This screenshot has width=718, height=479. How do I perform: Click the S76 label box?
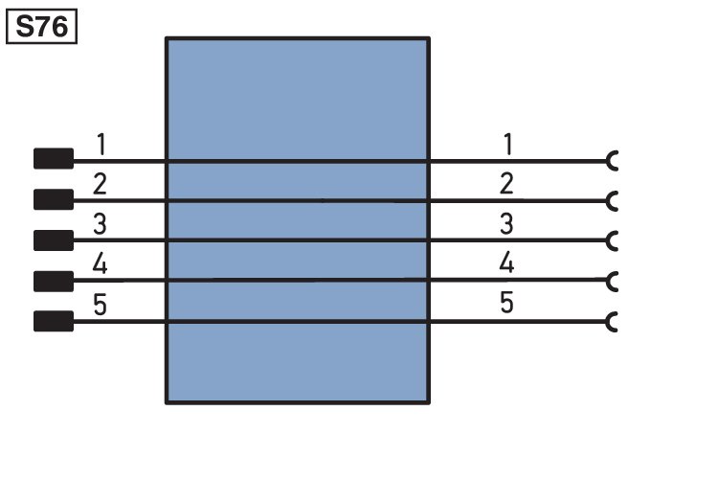point(41,27)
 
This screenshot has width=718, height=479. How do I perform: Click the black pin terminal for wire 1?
point(54,159)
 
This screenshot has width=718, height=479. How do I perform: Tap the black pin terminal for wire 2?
point(54,199)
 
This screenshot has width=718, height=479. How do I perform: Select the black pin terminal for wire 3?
point(54,240)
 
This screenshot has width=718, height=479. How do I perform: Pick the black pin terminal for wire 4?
point(54,281)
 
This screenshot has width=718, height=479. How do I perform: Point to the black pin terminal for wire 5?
point(54,321)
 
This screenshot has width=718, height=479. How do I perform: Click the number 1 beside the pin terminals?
point(101,144)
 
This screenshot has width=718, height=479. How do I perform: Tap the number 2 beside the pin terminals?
point(100,184)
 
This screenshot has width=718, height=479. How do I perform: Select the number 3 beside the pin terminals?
point(100,224)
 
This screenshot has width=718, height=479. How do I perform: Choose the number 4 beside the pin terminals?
point(100,264)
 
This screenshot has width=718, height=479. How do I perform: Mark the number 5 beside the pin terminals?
point(100,305)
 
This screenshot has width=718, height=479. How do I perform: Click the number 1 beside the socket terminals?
point(507,144)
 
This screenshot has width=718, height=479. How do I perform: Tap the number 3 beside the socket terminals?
point(506,223)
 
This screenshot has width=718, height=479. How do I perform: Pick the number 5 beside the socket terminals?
point(506,303)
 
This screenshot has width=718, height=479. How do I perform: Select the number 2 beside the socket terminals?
point(506,184)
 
